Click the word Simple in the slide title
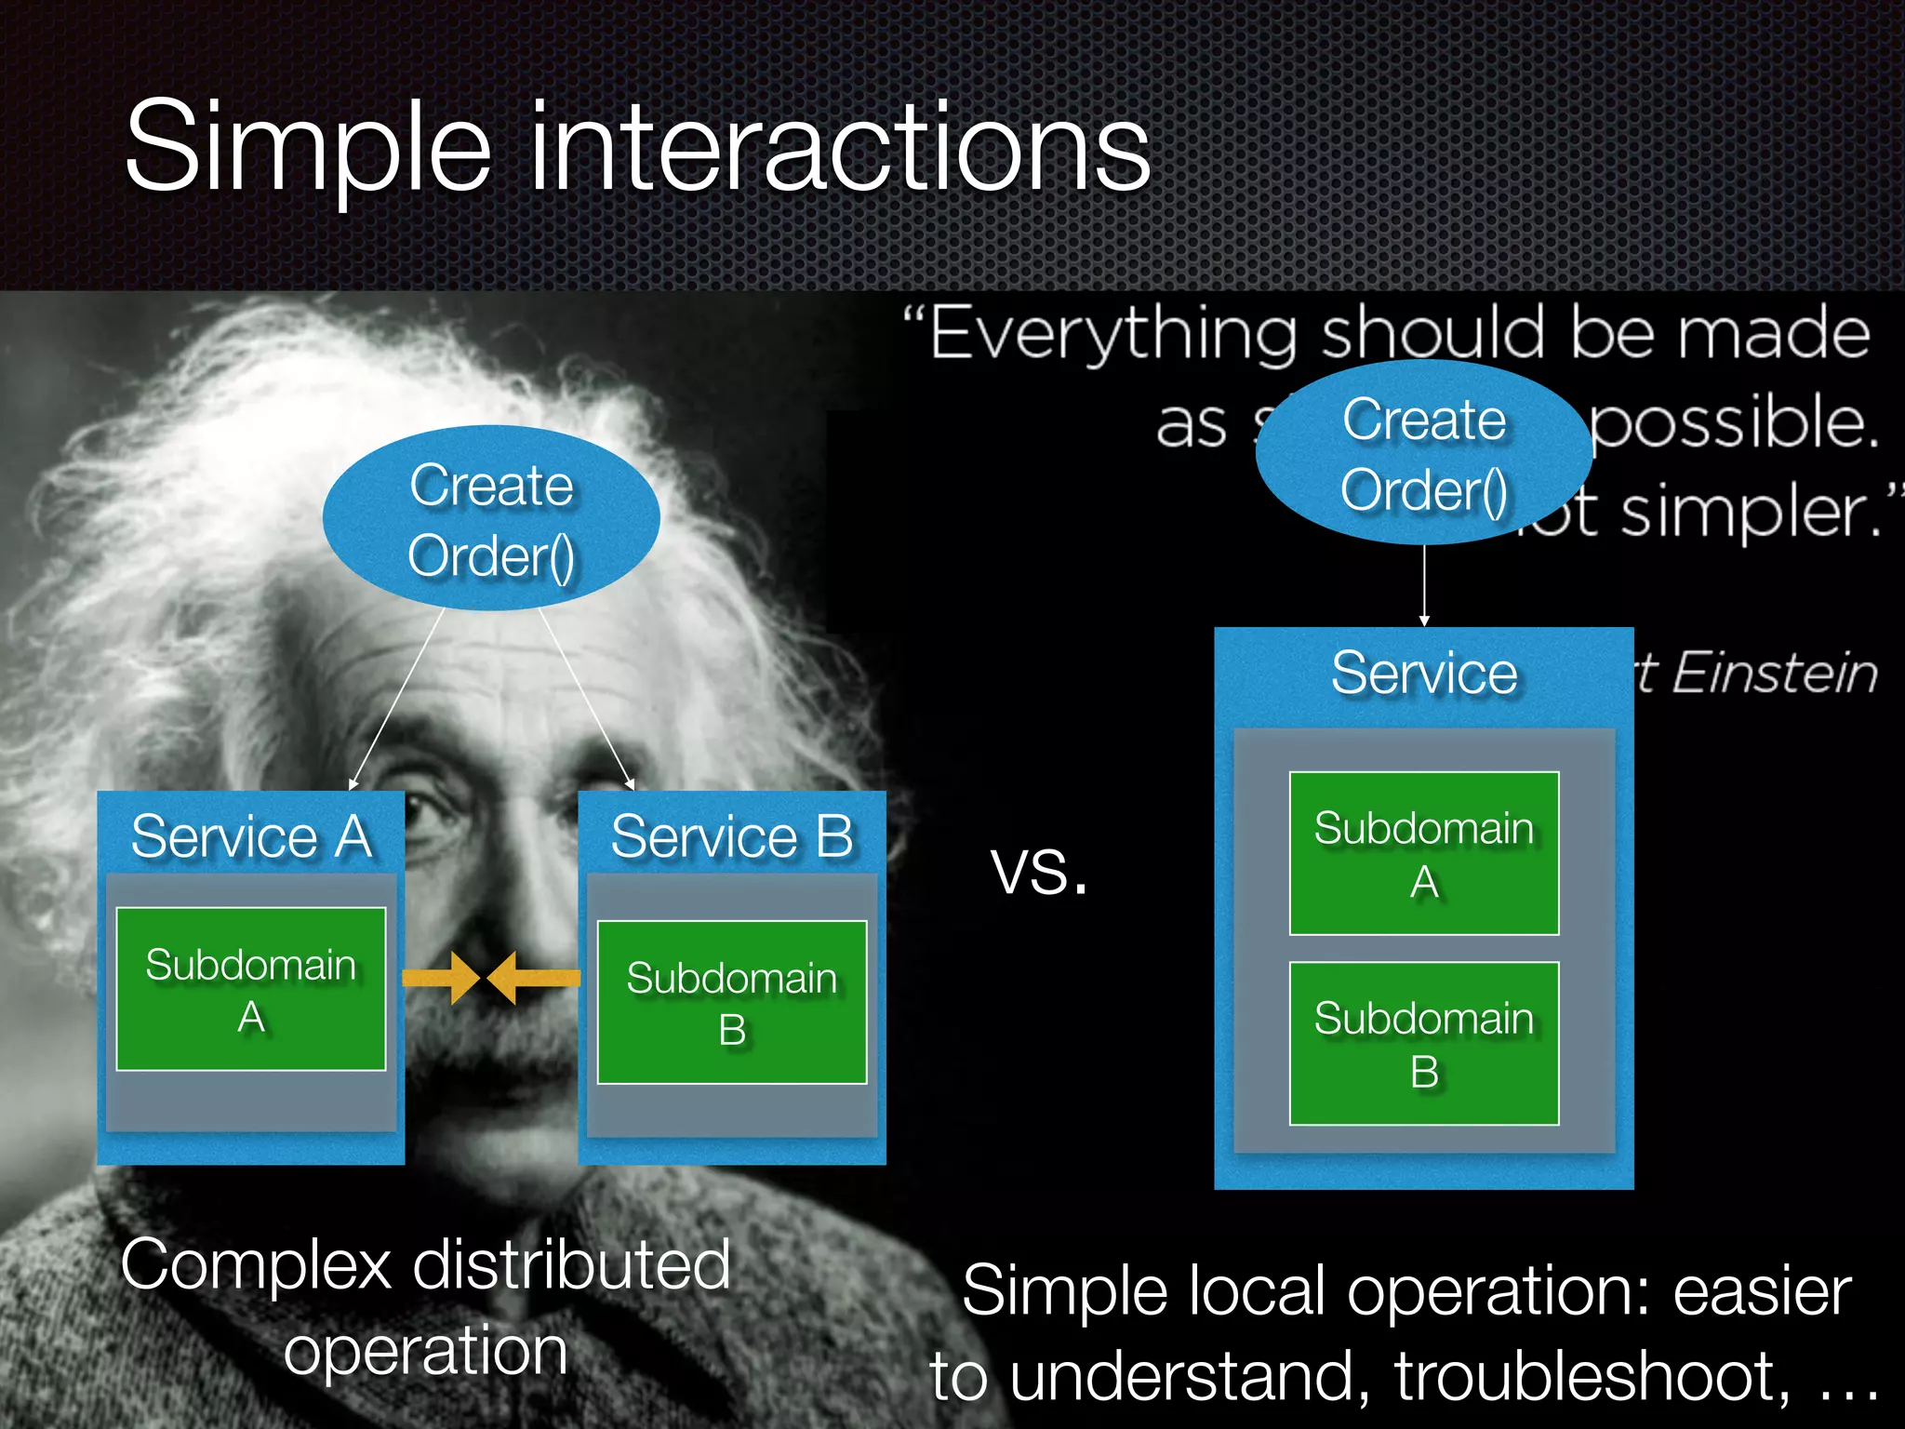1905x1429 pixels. click(307, 149)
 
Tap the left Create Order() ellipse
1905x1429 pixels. click(491, 519)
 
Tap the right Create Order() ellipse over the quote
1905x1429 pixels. click(1423, 453)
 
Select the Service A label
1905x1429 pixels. click(251, 835)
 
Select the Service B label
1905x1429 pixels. click(732, 835)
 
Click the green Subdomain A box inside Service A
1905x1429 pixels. click(251, 989)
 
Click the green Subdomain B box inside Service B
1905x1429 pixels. click(732, 1003)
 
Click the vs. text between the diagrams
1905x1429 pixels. click(1039, 872)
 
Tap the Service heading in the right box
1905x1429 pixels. click(1423, 673)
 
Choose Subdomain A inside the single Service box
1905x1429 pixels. click(1423, 853)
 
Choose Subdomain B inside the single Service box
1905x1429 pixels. click(1423, 1044)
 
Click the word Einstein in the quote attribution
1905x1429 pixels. click(1775, 673)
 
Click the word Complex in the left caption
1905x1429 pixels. click(257, 1265)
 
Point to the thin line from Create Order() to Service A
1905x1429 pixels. click(397, 698)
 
